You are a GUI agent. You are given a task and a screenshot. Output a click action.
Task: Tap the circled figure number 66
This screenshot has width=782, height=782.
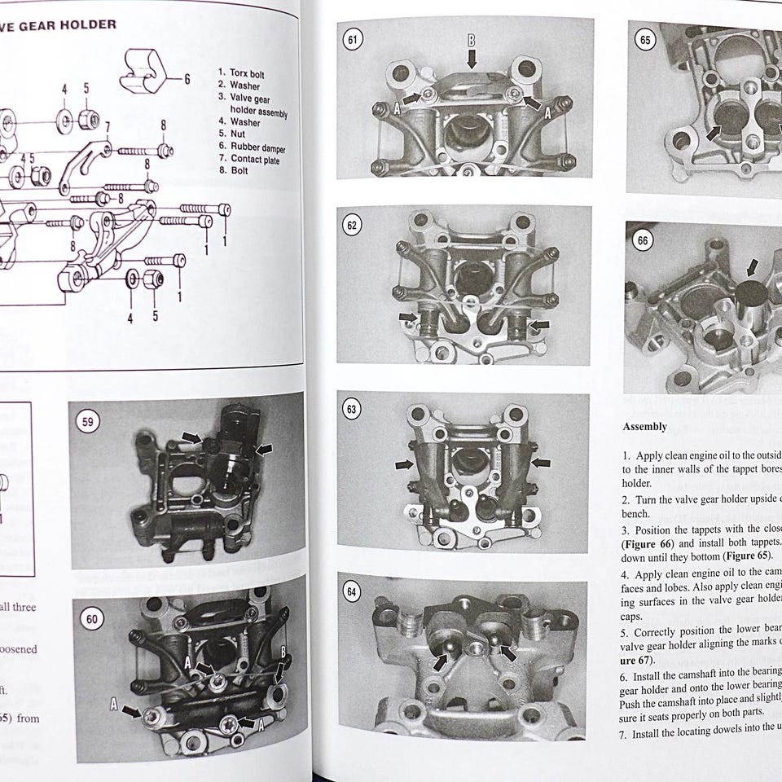[x=644, y=241]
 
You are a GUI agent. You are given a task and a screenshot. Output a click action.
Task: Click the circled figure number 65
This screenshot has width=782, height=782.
[x=646, y=39]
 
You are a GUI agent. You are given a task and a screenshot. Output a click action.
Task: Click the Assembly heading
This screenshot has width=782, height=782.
[x=644, y=427]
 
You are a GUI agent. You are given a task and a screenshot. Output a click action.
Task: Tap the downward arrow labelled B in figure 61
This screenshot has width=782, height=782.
[x=471, y=58]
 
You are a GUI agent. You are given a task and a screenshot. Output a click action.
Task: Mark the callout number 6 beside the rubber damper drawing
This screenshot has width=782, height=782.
[x=187, y=79]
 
